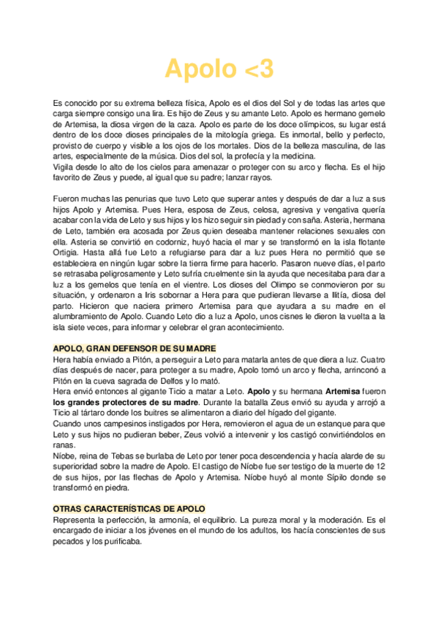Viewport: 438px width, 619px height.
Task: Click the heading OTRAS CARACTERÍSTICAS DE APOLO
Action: point(129,507)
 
